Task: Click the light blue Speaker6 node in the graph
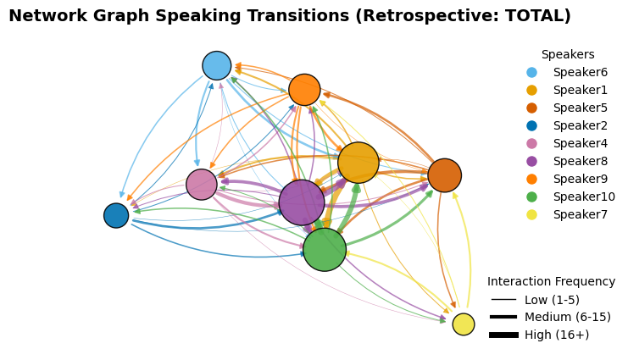[217, 66]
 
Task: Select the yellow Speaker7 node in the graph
[464, 324]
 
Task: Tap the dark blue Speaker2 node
[116, 215]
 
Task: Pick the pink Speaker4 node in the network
[202, 184]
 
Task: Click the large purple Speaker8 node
[302, 202]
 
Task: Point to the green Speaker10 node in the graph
[325, 250]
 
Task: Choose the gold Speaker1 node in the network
[358, 163]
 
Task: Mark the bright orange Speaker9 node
[304, 90]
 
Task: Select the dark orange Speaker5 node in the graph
[445, 175]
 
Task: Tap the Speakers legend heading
[568, 54]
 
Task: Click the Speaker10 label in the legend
[584, 197]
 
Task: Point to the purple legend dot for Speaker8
[532, 162]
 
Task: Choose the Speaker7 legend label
[581, 214]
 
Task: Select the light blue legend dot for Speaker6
[532, 73]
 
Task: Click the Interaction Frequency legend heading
[551, 281]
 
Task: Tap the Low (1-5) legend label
[552, 300]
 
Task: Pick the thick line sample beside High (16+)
[503, 335]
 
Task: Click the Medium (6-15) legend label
[568, 317]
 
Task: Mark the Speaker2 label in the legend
[581, 125]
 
